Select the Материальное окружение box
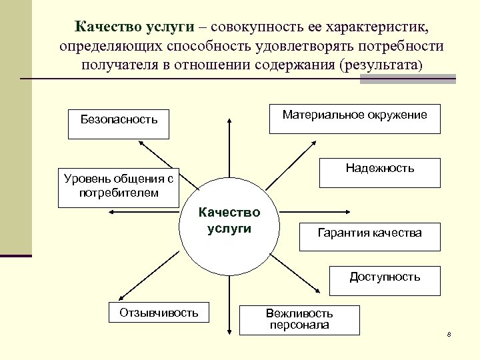(x=354, y=119)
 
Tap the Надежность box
(x=379, y=172)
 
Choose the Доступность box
(x=385, y=280)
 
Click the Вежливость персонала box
(x=299, y=319)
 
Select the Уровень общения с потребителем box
(x=119, y=187)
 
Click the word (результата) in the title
(x=381, y=65)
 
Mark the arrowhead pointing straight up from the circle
(x=229, y=121)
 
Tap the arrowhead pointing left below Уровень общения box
(x=111, y=213)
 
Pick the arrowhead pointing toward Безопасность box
(x=141, y=142)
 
